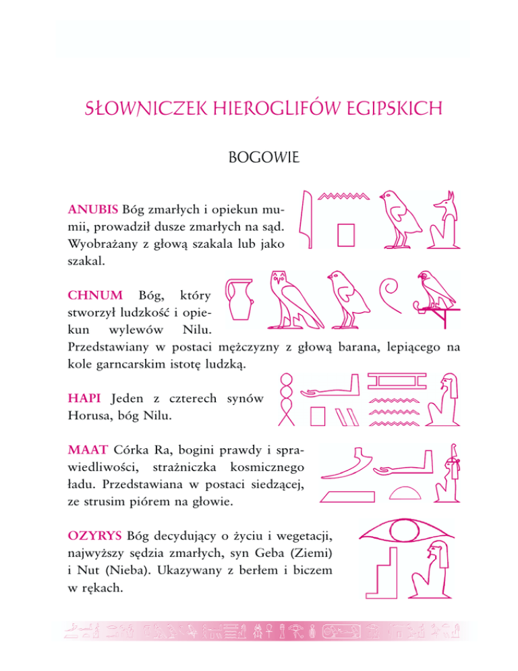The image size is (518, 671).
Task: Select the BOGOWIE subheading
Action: click(258, 160)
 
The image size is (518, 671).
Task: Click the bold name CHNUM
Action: click(95, 295)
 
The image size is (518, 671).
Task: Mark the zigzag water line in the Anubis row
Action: click(344, 196)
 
